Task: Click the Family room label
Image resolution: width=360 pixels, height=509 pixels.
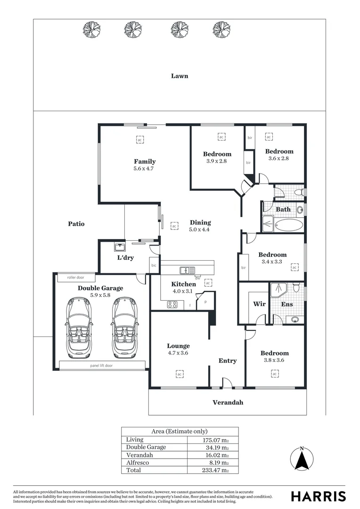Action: point(145,162)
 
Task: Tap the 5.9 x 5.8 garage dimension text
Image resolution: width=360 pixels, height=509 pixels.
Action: point(100,295)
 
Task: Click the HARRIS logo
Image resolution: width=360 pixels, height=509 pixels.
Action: point(318,496)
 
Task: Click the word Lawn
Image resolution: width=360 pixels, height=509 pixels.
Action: point(180,75)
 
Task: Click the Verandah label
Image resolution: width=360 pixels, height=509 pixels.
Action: point(228,402)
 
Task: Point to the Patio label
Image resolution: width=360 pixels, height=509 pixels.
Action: point(76,224)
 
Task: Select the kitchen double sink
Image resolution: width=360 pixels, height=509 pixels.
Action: point(187,271)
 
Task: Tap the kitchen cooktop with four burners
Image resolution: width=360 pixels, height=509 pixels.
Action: point(172,305)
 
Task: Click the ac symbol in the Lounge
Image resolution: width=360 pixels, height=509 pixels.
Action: point(179,374)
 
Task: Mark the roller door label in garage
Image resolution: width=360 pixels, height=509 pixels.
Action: point(75,278)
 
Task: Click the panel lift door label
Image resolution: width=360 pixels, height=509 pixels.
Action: point(101,365)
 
